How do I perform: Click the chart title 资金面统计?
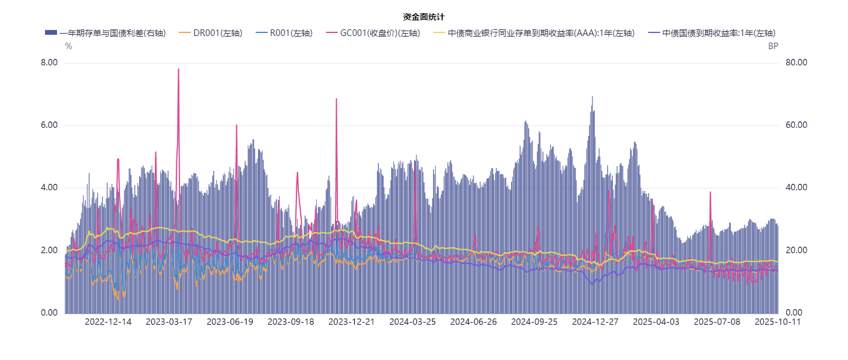tap(424, 17)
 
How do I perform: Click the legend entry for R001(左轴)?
tap(291, 33)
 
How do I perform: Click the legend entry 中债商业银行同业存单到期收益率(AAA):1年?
tap(541, 33)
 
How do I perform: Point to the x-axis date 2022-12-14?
tap(108, 322)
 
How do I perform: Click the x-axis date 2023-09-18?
tap(290, 322)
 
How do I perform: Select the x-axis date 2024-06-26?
tap(474, 322)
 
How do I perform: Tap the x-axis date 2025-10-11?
tap(778, 322)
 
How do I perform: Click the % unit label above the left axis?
tap(68, 46)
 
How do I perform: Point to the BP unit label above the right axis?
tap(773, 46)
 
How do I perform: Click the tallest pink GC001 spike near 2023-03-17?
tap(178, 70)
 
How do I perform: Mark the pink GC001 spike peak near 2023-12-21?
tap(336, 99)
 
